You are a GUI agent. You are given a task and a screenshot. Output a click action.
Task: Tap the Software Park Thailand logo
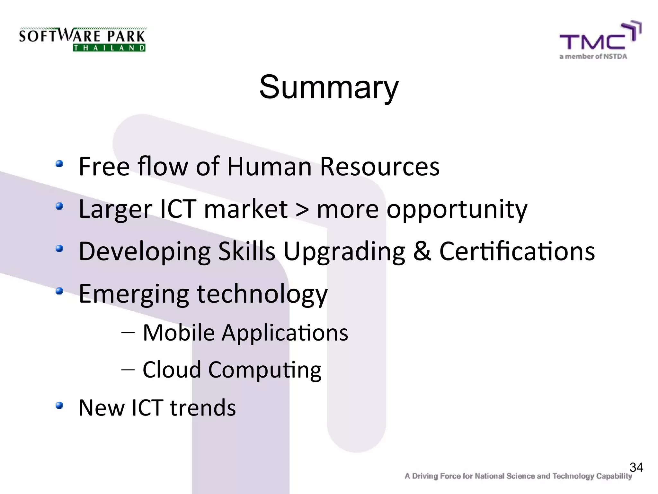coord(83,40)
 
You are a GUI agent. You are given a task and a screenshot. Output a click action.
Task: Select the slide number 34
coord(636,467)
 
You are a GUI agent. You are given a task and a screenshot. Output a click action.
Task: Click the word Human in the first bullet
coord(269,167)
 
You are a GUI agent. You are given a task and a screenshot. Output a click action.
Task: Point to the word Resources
coord(379,167)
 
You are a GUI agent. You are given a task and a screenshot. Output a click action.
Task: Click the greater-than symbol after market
coord(302,209)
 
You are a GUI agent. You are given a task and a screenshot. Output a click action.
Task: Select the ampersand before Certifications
coord(422,251)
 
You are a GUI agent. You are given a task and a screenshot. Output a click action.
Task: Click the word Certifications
coord(517,251)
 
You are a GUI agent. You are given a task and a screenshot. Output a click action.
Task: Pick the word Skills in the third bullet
coord(246,251)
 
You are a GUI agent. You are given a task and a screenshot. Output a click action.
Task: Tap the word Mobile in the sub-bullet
coord(179,333)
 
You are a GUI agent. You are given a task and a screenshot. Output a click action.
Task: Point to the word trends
coord(203,407)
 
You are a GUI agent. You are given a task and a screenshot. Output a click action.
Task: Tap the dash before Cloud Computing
coord(128,370)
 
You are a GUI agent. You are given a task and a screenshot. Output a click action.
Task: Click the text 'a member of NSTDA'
coord(593,57)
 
